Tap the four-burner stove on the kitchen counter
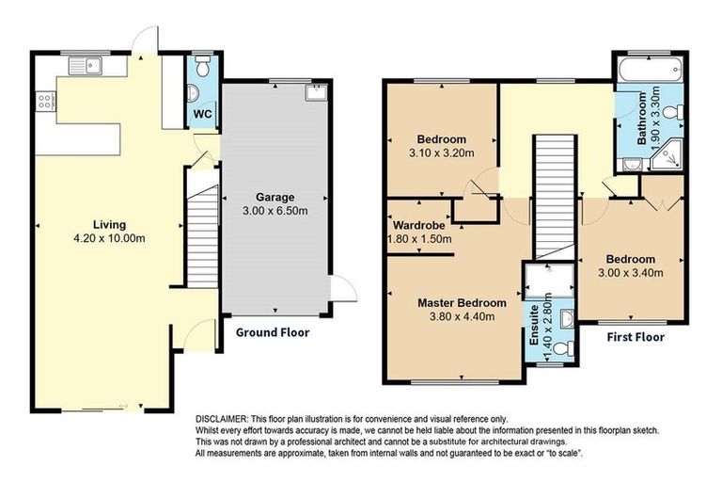[x=44, y=101]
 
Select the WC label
[x=202, y=114]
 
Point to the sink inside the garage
[x=315, y=92]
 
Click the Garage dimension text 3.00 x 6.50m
[x=275, y=212]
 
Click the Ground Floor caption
[x=272, y=332]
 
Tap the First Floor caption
[x=635, y=336]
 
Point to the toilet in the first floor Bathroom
[x=671, y=113]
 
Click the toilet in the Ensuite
[x=561, y=348]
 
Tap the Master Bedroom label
[x=462, y=303]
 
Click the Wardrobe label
[x=418, y=226]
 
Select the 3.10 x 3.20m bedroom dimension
[x=441, y=153]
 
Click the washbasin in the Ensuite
[x=567, y=316]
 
